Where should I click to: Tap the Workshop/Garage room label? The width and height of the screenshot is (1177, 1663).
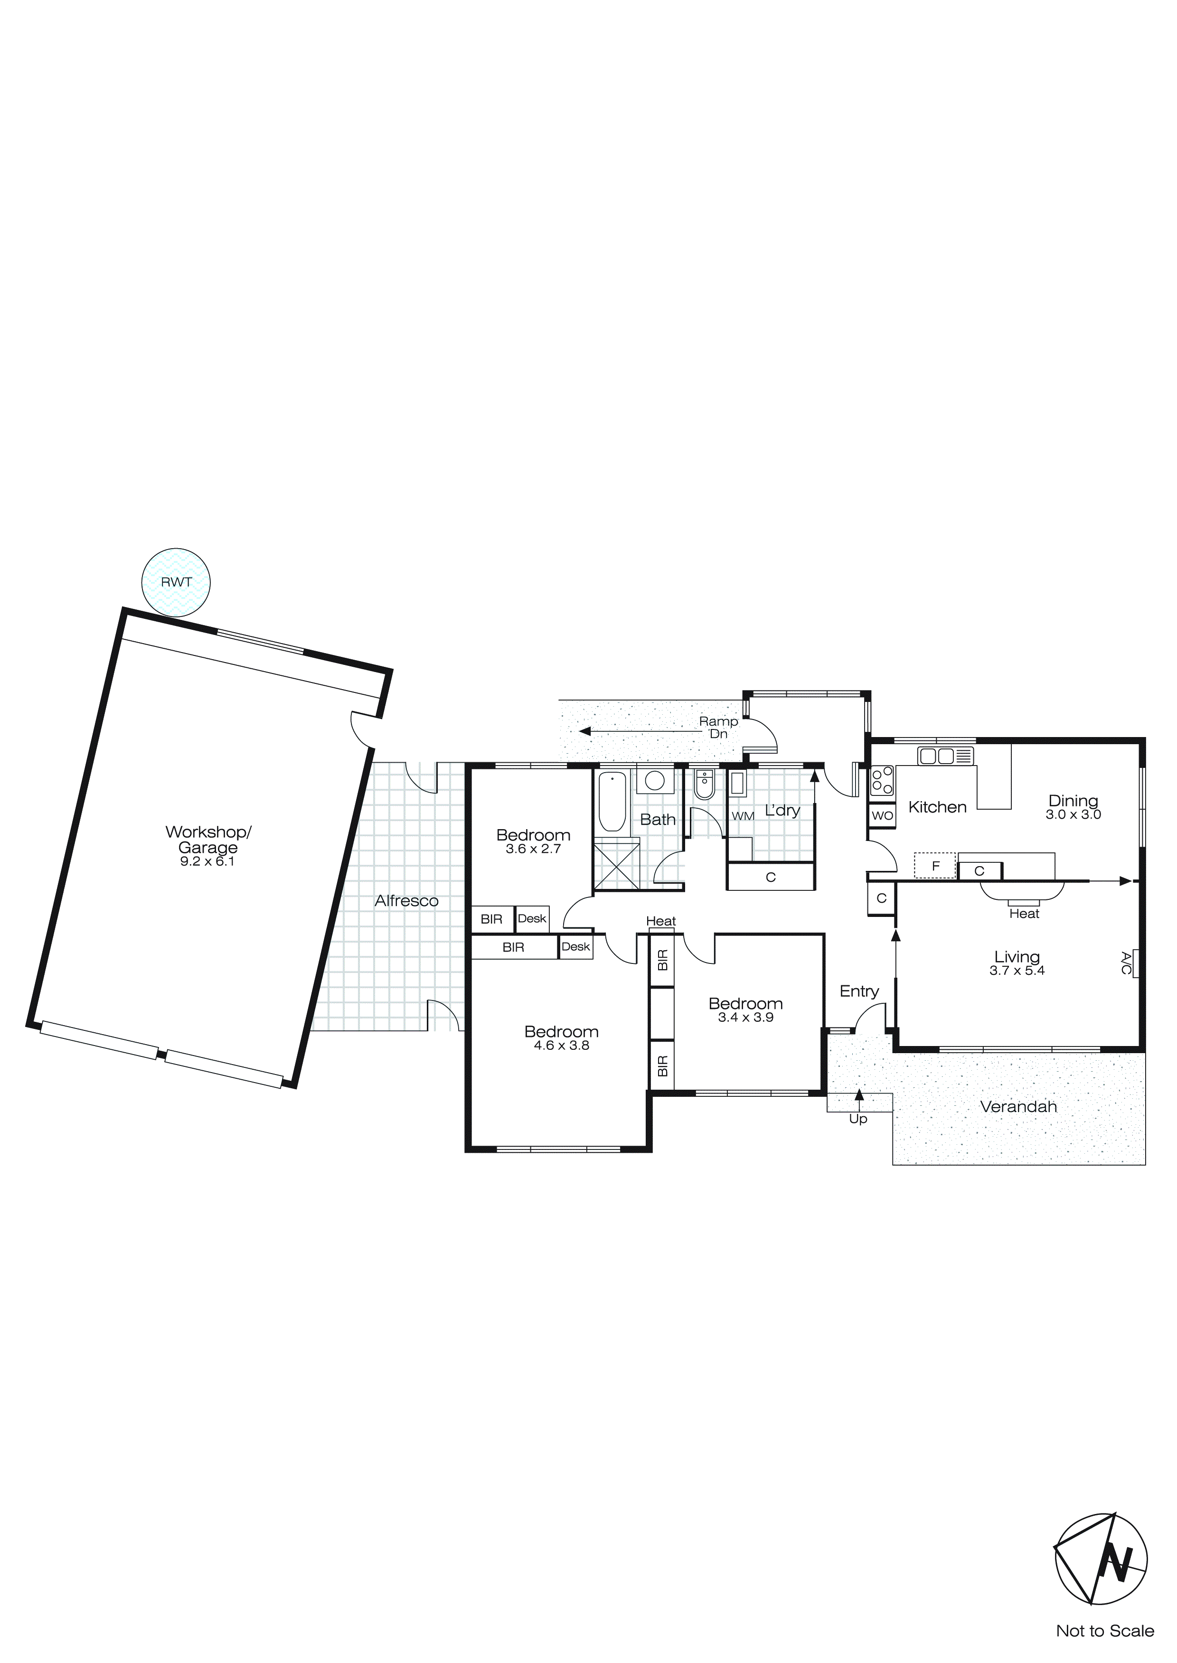tap(208, 840)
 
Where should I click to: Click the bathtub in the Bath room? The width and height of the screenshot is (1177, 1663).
tap(612, 801)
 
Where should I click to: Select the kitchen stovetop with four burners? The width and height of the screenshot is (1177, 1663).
tap(882, 781)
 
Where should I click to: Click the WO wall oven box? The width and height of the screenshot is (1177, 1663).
tap(882, 815)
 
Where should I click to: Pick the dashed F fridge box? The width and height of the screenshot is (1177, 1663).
tap(935, 866)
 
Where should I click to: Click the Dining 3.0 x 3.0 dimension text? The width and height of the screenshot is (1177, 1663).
tap(1073, 815)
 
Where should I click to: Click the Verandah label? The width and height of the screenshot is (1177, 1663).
tap(1018, 1107)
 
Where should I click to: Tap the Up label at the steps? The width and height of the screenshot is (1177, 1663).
tap(858, 1119)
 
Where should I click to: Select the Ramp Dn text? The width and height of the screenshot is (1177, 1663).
tap(718, 727)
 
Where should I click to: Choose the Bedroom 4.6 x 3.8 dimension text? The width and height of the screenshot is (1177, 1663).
tap(562, 1045)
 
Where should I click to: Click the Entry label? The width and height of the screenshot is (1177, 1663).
tap(859, 991)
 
